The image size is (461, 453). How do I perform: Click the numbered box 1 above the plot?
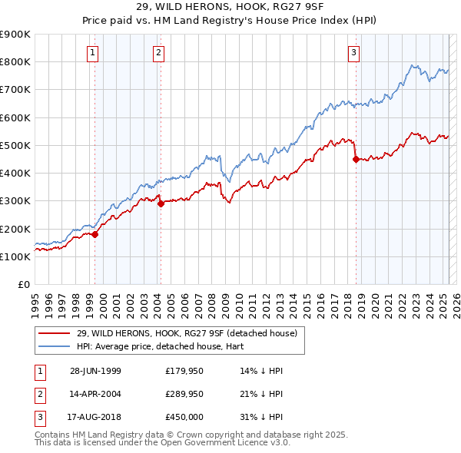tap(92, 53)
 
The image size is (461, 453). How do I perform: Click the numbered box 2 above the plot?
tap(158, 53)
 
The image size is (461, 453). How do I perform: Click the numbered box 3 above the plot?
tap(353, 53)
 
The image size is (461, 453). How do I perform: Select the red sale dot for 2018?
tap(356, 160)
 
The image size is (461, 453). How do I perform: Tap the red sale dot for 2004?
tap(161, 203)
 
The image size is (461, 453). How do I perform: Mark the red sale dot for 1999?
tap(95, 235)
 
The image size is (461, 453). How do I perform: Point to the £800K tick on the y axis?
tap(15, 62)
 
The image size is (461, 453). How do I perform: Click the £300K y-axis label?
tap(15, 201)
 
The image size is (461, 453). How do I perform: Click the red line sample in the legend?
tap(55, 332)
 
